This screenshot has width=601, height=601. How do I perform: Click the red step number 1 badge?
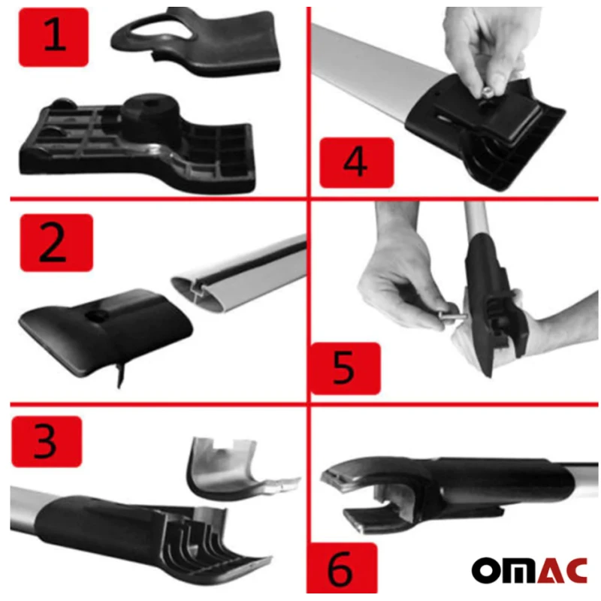[53, 37]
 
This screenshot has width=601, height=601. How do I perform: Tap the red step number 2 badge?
[56, 243]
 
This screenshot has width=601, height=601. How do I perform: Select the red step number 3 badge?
[47, 442]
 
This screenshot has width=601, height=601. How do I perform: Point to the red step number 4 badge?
[356, 162]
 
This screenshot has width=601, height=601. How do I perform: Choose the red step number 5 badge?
[346, 368]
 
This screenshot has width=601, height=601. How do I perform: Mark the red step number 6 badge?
[342, 569]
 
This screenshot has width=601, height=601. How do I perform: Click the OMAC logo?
[530, 570]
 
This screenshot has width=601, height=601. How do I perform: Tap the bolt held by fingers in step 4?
[485, 92]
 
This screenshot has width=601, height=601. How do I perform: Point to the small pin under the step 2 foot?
[122, 376]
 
